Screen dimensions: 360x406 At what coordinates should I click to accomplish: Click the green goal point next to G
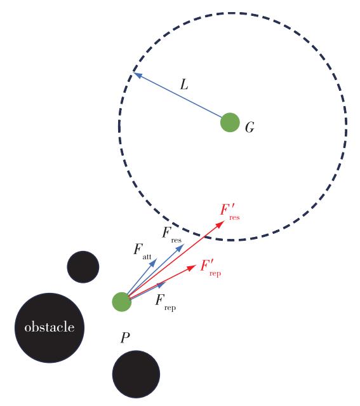pos(230,123)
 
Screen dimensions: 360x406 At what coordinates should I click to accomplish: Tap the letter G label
pos(250,128)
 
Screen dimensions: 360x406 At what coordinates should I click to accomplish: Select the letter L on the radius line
pos(184,85)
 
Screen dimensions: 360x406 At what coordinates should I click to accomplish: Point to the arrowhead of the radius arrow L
pos(137,75)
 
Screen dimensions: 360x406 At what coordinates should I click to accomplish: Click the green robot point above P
pos(122,302)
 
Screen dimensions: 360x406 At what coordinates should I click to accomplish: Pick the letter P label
pos(125,337)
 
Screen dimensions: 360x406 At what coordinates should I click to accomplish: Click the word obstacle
pos(50,327)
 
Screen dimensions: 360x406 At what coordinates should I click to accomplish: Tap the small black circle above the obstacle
pos(83,267)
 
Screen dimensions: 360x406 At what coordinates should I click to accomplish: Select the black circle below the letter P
pos(136,374)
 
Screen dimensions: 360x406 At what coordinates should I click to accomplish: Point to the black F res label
pos(171,234)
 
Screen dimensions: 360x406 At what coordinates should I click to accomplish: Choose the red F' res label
pos(230,212)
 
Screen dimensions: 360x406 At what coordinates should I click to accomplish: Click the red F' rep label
pos(211,268)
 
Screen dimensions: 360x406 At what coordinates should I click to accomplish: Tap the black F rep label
pos(166,302)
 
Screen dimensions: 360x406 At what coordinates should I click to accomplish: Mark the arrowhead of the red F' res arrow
pos(220,224)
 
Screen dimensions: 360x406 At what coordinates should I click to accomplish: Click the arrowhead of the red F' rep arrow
pos(192,267)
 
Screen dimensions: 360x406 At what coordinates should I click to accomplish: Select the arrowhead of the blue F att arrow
pos(154,262)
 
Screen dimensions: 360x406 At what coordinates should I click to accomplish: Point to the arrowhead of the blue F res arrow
pos(180,248)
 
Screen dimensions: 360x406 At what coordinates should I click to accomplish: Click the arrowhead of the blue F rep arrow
pos(162,285)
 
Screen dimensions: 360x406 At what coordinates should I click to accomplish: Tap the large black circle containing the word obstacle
pos(50,328)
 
